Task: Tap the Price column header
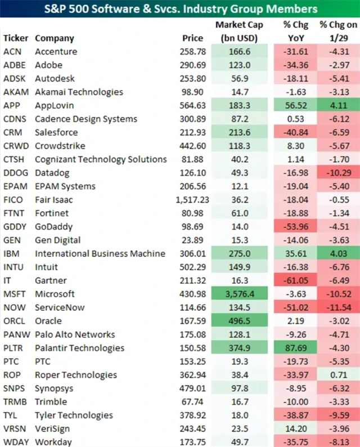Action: click(x=193, y=38)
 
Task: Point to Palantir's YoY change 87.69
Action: click(x=291, y=348)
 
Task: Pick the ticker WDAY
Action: click(x=15, y=442)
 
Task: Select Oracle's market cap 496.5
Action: click(x=237, y=321)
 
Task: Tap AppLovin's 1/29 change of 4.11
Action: click(x=338, y=105)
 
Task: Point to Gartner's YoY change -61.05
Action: click(x=291, y=280)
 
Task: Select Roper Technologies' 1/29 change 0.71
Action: click(x=338, y=375)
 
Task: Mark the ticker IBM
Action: click(x=11, y=253)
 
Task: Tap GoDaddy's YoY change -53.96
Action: click(x=291, y=227)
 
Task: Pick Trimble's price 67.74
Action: click(x=197, y=402)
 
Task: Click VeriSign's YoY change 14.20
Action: click(x=292, y=429)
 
